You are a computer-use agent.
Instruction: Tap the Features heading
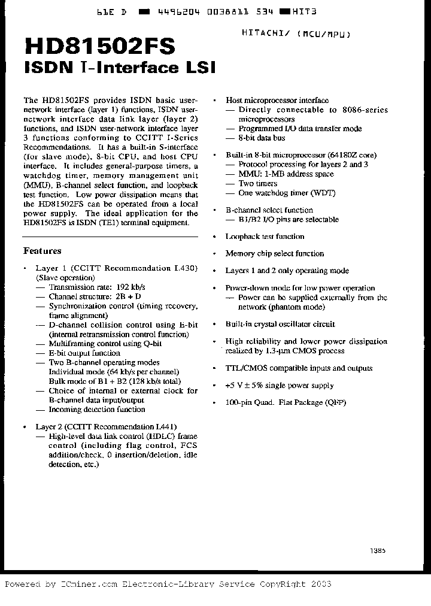coord(42,251)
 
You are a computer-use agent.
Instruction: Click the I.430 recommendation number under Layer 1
coord(183,268)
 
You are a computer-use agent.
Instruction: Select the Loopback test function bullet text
coord(265,237)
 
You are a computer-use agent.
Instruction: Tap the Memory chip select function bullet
coord(275,253)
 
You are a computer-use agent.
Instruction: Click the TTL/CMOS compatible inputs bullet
coord(299,368)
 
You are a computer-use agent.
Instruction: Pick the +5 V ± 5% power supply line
coord(280,386)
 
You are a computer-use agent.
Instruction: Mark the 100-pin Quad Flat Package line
coord(286,403)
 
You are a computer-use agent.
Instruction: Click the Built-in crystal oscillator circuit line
coord(280,324)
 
